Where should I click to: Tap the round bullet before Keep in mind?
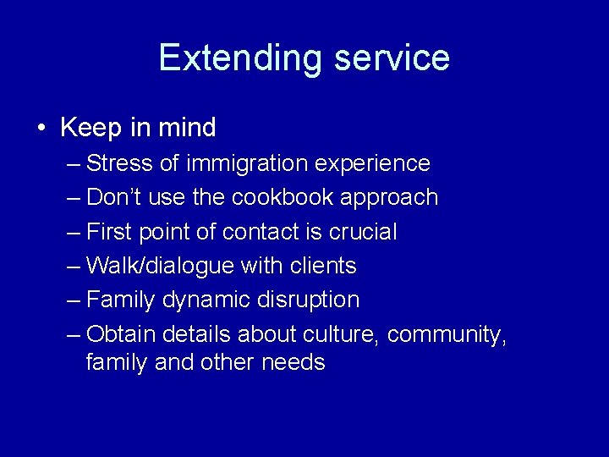[x=41, y=129]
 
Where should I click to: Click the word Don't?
[x=114, y=197]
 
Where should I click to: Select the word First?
[x=107, y=232]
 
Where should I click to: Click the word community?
[x=447, y=335]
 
